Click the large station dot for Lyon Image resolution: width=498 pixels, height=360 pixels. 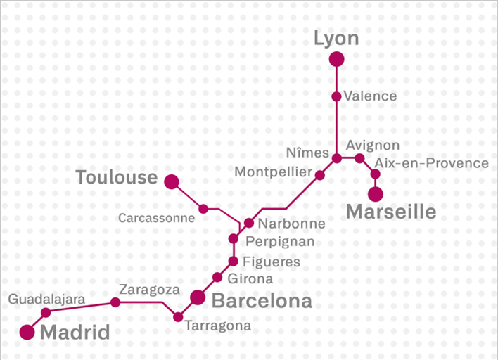[x=336, y=60]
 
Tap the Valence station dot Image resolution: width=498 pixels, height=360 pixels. [x=336, y=96]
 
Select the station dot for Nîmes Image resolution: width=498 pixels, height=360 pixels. [x=337, y=158]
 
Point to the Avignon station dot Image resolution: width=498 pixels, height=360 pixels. [x=359, y=158]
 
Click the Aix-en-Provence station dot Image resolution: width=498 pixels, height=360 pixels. [x=376, y=174]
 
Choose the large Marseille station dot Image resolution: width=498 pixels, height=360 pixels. [x=376, y=194]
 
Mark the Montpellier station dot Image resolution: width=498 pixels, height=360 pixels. [x=320, y=174]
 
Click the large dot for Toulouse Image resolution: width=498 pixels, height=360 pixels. [x=171, y=182]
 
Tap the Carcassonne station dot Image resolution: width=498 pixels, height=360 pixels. [x=203, y=209]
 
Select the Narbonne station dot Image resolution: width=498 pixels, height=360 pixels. [x=249, y=224]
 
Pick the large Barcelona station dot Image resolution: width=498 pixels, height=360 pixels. [x=198, y=297]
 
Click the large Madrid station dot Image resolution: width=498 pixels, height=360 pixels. [x=27, y=333]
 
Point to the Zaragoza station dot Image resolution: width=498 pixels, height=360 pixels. [x=115, y=302]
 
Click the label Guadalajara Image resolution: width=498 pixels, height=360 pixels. [x=46, y=300]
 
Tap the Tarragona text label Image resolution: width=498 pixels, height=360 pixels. [x=217, y=326]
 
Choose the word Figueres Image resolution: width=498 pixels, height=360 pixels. [x=271, y=262]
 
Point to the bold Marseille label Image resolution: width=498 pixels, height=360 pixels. [x=391, y=212]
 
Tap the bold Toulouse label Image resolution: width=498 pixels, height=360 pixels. [x=116, y=178]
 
